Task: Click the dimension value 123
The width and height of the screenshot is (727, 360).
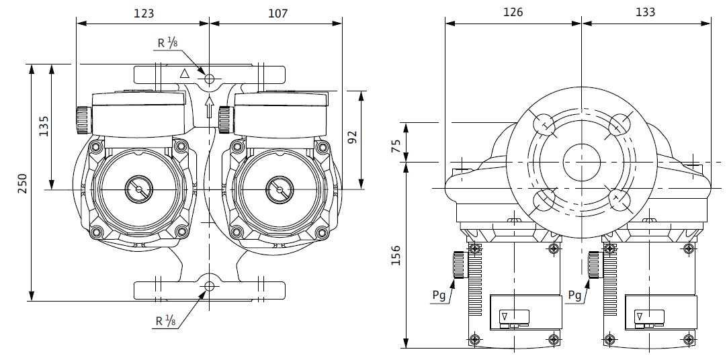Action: [x=143, y=13]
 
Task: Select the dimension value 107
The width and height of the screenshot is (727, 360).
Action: [x=277, y=13]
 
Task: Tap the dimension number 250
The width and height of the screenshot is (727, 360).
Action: [x=23, y=183]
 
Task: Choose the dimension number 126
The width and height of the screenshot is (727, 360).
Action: [x=513, y=12]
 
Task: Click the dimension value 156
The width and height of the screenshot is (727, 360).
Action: [x=396, y=257]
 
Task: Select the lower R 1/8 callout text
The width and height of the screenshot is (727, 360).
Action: [x=168, y=321]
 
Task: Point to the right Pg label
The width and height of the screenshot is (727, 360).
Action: [x=574, y=295]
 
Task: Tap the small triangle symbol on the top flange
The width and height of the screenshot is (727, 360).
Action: [x=185, y=73]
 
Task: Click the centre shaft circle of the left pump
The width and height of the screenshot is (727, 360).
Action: [x=139, y=189]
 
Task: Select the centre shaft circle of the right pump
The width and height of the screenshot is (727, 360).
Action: [x=275, y=189]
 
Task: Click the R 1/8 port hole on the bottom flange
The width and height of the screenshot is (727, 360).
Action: [x=210, y=287]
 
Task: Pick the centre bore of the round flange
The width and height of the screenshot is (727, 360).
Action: [x=581, y=162]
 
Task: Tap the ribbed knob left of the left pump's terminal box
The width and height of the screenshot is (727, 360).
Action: [x=83, y=119]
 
